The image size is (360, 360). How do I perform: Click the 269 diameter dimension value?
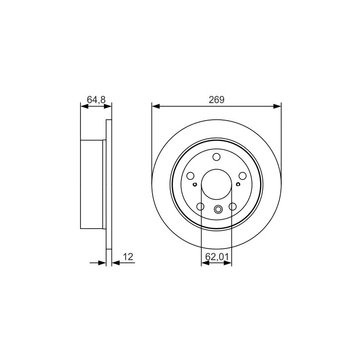[216, 100]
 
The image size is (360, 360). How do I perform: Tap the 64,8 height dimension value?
[96, 100]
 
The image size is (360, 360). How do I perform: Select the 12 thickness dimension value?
[128, 256]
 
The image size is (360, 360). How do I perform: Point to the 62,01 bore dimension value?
[216, 257]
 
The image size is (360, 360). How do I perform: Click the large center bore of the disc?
[216, 185]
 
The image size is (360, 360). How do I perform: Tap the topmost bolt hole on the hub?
[216, 157]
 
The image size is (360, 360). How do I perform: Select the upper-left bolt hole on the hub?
[190, 176]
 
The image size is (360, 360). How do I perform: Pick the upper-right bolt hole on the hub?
[243, 176]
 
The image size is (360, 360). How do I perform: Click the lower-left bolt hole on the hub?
[200, 207]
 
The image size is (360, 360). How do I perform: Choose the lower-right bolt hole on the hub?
[233, 207]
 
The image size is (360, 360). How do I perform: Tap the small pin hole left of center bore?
[194, 184]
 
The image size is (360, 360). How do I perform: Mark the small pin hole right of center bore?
[238, 184]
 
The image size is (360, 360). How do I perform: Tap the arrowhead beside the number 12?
[115, 263]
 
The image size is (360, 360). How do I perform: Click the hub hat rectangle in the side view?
[92, 184]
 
